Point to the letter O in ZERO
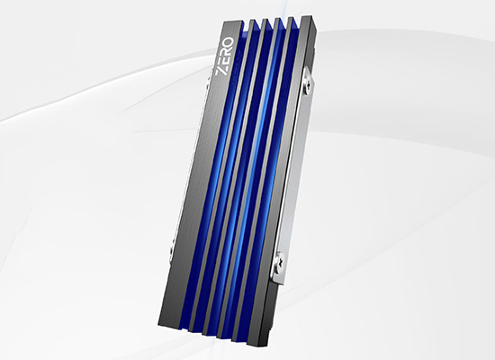point(229,43)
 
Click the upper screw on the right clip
point(308,86)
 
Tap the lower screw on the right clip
point(279,261)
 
